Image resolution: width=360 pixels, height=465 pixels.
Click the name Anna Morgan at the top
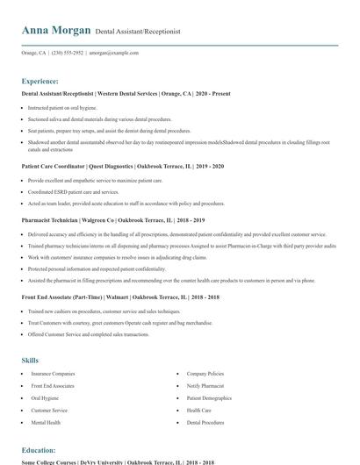click(x=56, y=30)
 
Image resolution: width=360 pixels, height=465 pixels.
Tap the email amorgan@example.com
click(x=114, y=53)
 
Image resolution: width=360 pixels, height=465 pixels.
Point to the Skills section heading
click(x=30, y=360)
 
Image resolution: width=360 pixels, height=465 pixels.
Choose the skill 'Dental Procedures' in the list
click(x=205, y=422)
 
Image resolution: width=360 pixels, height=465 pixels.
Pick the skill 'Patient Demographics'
click(x=210, y=397)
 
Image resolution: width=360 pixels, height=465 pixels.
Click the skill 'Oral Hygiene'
click(x=47, y=397)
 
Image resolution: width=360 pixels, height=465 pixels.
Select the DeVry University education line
click(x=117, y=461)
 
